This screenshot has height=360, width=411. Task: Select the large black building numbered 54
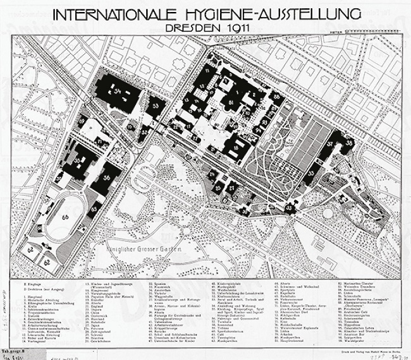118,95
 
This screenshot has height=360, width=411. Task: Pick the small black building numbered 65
94,208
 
